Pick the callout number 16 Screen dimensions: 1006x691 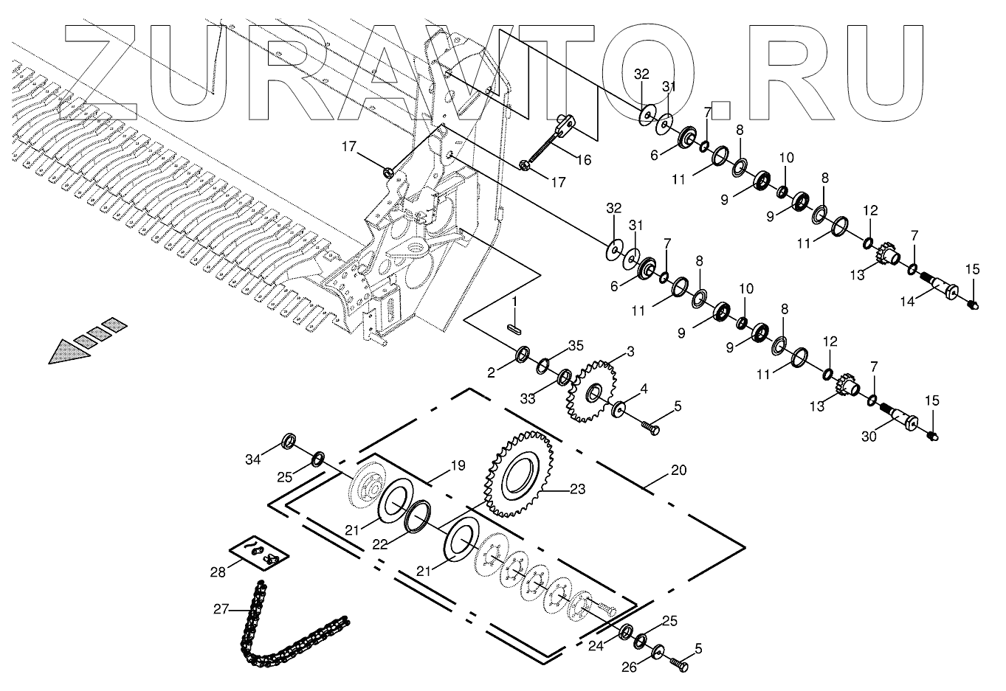tap(583, 160)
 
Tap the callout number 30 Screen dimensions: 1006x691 tap(870, 436)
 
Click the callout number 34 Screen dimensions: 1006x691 tap(253, 460)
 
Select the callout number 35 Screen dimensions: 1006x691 tap(576, 347)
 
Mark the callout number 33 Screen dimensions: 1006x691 tap(526, 399)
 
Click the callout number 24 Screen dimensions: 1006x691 tap(596, 646)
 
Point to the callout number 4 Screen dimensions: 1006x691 tap(644, 389)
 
